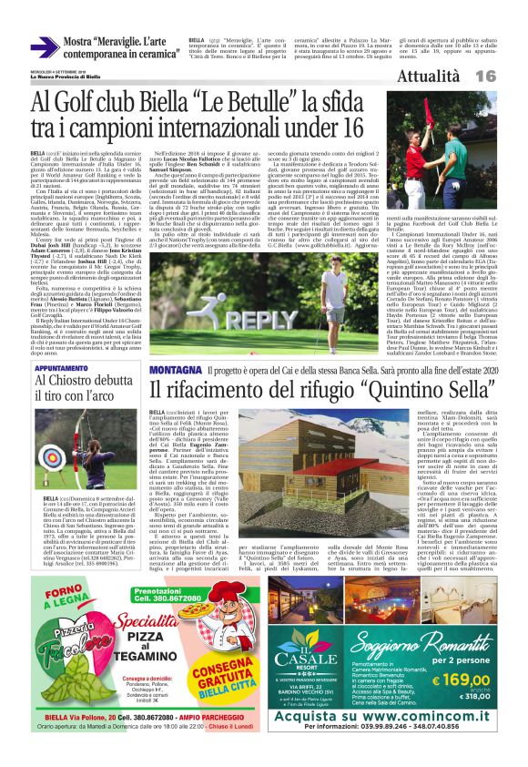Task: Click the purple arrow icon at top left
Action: [x=46, y=48]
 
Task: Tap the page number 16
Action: [x=509, y=77]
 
